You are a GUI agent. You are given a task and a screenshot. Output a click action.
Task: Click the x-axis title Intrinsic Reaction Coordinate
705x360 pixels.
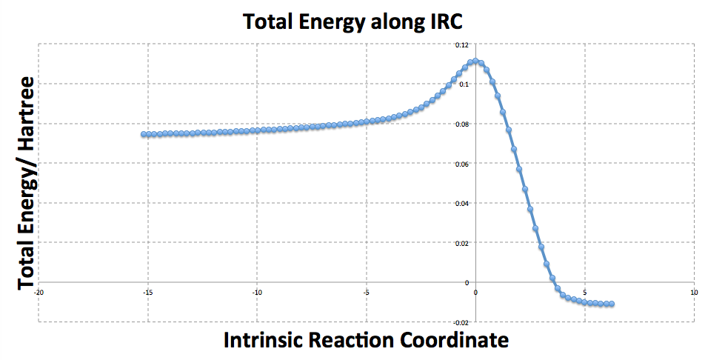[x=366, y=340]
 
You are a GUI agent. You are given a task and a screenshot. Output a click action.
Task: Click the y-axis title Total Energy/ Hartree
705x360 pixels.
[x=27, y=183]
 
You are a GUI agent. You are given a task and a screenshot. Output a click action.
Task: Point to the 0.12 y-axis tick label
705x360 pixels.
[x=464, y=44]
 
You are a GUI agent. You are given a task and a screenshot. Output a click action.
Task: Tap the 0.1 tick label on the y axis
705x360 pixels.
[x=465, y=84]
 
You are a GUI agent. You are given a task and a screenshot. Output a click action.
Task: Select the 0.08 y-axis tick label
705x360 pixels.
[x=464, y=124]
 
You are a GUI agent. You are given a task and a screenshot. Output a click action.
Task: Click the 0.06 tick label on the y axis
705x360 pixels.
[x=464, y=163]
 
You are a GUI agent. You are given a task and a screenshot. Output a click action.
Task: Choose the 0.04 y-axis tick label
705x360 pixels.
[x=464, y=203]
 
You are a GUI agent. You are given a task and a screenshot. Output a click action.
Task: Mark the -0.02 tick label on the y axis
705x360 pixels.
[x=462, y=321]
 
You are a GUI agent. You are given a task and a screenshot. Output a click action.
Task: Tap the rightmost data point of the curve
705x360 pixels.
[x=612, y=304]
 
